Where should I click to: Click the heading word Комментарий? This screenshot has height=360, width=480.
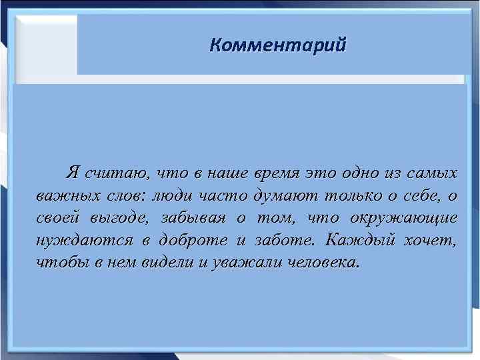tap(277, 45)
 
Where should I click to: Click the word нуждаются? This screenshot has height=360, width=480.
tap(71, 240)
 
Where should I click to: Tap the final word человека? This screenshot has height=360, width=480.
tap(321, 262)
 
